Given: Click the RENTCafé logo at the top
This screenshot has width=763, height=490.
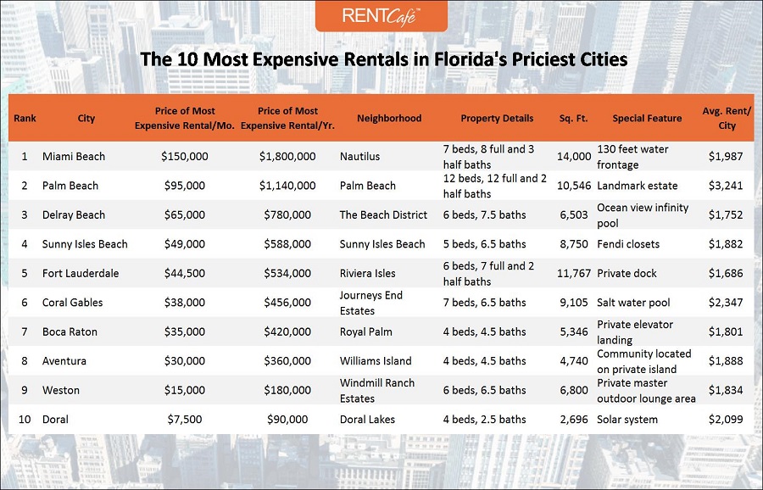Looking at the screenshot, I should (381, 16).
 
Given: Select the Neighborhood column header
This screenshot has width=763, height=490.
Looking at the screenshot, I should (389, 119).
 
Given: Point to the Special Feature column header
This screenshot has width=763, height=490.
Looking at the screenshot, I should (647, 119).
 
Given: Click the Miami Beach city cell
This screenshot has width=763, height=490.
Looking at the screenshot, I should (74, 157).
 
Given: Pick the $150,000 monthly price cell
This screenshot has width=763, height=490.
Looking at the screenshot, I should (184, 157).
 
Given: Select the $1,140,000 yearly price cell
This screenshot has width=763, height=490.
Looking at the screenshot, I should (287, 186).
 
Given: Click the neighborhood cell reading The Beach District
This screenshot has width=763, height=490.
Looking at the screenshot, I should (383, 215).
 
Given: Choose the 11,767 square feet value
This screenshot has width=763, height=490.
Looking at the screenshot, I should (574, 274).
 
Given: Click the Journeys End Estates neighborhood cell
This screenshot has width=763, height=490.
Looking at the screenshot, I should (371, 303).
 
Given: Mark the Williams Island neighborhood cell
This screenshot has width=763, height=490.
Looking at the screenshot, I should (376, 361).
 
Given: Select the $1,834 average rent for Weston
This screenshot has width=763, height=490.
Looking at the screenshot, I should (726, 391).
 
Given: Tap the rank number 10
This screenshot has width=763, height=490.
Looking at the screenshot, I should (25, 420).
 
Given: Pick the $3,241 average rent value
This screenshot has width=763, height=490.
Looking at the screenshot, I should (726, 186).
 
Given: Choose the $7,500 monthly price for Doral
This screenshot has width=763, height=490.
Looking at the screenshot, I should (184, 420).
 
